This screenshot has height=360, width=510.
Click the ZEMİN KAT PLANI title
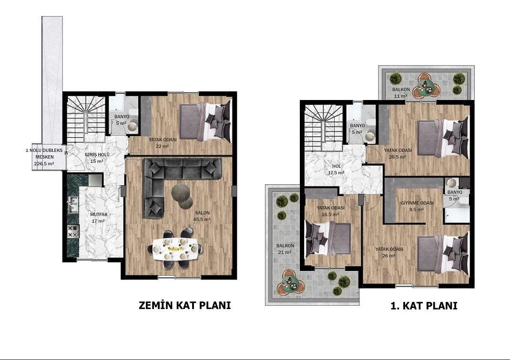(185, 305)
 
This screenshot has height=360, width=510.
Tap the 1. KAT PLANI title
(424, 306)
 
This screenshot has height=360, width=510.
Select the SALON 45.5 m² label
(202, 216)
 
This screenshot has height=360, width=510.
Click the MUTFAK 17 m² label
(99, 218)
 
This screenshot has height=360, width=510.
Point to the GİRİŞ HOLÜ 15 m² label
(97, 158)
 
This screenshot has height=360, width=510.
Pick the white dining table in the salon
(175, 249)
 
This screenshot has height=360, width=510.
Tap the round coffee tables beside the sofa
(182, 196)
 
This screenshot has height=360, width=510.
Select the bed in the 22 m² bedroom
(205, 122)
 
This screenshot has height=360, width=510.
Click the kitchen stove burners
(73, 231)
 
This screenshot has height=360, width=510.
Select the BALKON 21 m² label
(285, 249)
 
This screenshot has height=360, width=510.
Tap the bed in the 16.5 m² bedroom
(328, 238)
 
